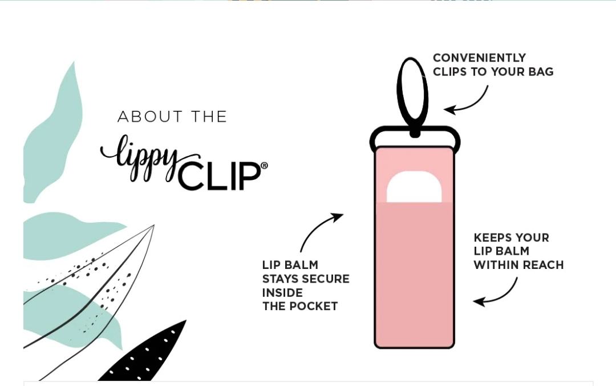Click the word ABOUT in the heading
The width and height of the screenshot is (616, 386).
point(150,116)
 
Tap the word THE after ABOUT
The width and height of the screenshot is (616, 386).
point(209,116)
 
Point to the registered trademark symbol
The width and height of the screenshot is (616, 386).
point(265,166)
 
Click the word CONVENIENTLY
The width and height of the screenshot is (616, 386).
point(479,58)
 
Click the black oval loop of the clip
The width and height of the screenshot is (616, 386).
point(399,94)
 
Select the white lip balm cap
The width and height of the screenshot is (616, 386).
point(414,187)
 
